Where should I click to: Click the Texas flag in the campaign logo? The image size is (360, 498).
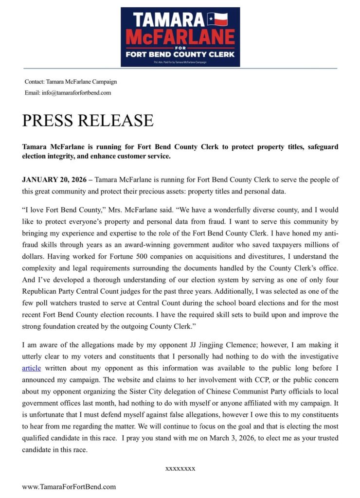coord(217,19)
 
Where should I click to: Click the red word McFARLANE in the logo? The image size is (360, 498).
coord(180,37)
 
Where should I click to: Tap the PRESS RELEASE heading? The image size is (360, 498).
coord(88,120)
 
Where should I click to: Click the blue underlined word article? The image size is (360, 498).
coord(32,368)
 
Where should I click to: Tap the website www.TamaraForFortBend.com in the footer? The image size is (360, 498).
coord(69,486)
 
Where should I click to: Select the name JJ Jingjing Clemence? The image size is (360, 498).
coord(220,345)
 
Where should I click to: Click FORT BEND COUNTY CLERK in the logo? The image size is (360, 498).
coord(180,54)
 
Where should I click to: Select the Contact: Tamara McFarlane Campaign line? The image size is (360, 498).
coord(71,82)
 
